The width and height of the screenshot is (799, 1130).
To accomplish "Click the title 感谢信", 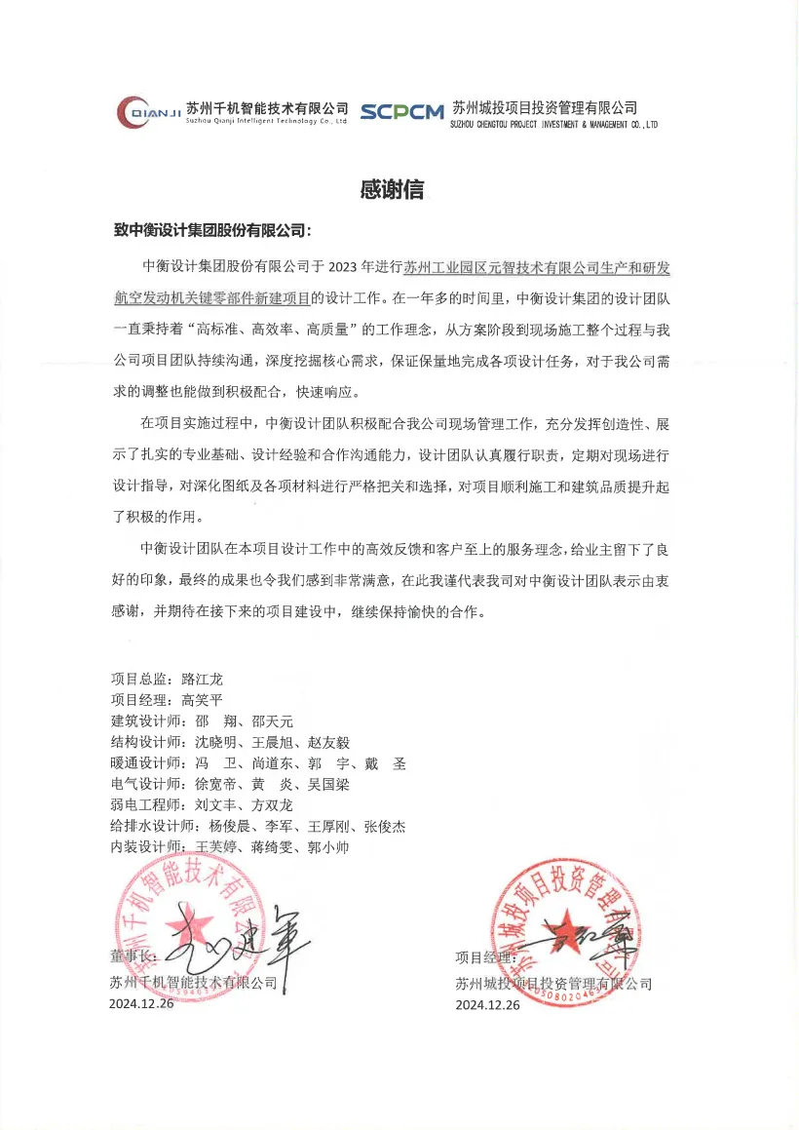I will [x=392, y=190].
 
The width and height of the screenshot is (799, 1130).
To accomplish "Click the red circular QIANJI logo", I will [x=134, y=112].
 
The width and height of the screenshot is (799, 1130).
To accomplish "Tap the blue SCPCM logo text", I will [x=401, y=112].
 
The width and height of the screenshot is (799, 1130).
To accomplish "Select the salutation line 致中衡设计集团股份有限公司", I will [x=211, y=231].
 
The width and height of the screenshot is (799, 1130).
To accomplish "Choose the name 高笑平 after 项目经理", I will [x=203, y=699].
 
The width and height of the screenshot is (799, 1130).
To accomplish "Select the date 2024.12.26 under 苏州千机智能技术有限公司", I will [x=141, y=1004].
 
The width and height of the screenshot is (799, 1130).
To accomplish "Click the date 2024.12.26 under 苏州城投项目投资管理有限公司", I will [x=487, y=1005].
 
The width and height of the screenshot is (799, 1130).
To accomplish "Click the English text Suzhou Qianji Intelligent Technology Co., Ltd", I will [x=266, y=124].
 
